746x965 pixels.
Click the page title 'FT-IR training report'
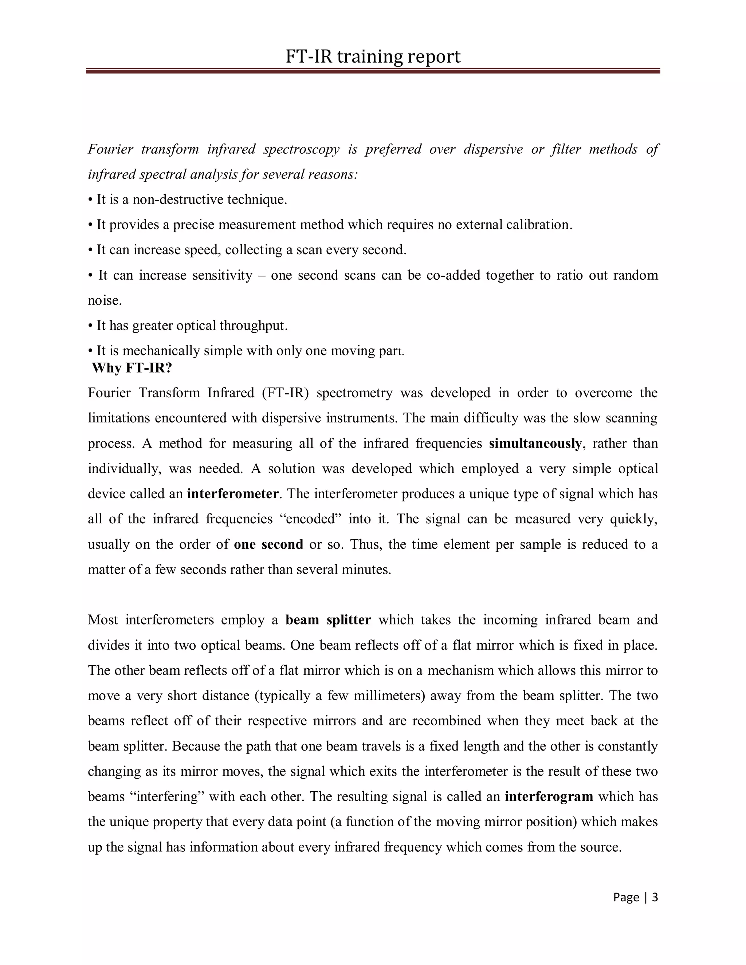pyautogui.click(x=373, y=56)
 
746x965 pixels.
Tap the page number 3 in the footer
pyautogui.click(x=655, y=897)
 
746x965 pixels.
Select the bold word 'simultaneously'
pyautogui.click(x=535, y=443)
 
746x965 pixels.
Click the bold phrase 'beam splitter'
pyautogui.click(x=328, y=619)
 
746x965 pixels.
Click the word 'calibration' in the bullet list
pyautogui.click(x=538, y=225)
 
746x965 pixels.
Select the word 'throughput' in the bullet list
pyautogui.click(x=253, y=326)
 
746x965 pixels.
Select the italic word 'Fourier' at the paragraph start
pyautogui.click(x=110, y=149)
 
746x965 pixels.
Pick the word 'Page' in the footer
pyautogui.click(x=626, y=897)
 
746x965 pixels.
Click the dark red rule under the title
pyautogui.click(x=373, y=71)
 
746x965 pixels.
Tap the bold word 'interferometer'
pyautogui.click(x=233, y=493)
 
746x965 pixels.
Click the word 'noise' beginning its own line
pyautogui.click(x=104, y=300)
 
